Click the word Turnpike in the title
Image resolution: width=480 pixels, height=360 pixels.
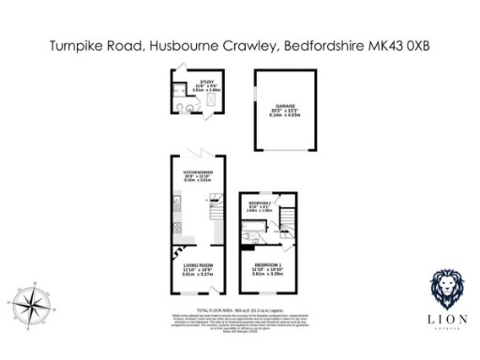[79, 45]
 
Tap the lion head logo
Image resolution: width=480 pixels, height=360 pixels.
[446, 288]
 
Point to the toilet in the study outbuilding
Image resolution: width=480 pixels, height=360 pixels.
[189, 109]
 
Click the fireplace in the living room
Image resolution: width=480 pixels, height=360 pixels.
[174, 250]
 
